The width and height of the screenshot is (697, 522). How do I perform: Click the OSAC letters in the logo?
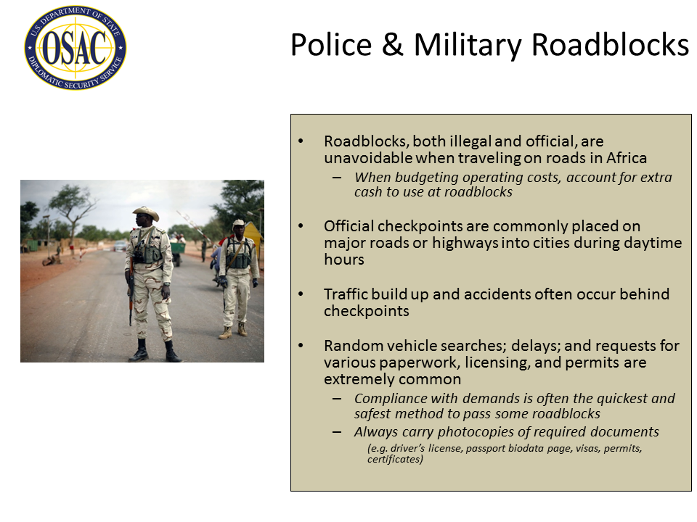point(76,48)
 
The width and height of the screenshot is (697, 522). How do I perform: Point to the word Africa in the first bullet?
point(622,158)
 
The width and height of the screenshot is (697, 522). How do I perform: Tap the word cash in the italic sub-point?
point(368,192)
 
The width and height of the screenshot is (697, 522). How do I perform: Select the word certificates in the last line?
point(394,460)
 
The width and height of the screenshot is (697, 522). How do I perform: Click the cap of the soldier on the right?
point(238,223)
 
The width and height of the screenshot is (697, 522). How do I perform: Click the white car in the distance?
point(120,246)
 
